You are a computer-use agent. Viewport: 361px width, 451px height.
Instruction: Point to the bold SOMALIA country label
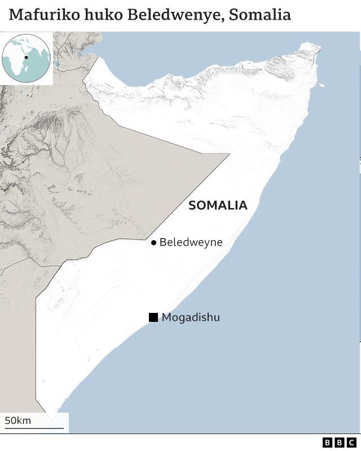[x=218, y=205]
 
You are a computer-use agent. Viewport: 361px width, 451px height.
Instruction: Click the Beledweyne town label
[x=191, y=242]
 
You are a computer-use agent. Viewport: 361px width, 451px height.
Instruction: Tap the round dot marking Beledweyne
[x=153, y=243]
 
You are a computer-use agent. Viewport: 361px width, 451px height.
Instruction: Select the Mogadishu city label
[x=191, y=317]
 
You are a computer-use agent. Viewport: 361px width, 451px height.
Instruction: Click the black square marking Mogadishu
[x=153, y=317]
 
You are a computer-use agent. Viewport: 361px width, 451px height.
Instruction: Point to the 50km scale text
[x=17, y=421]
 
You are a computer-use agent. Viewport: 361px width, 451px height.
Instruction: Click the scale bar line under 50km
[x=34, y=428]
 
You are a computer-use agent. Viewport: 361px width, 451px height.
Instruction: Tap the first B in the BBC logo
[x=328, y=443]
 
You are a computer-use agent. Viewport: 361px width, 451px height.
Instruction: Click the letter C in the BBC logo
[x=351, y=443]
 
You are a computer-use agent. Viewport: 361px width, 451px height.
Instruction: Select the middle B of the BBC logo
[x=340, y=443]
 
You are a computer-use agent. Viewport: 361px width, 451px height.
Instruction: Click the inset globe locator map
[x=26, y=58]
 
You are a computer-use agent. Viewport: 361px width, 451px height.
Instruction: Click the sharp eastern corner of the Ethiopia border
[x=229, y=154]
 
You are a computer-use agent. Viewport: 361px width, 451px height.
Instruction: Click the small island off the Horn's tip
[x=322, y=86]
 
